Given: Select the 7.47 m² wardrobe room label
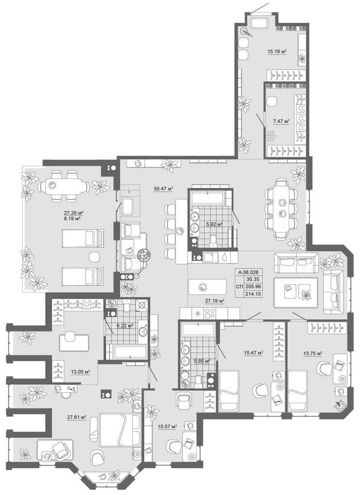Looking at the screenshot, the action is click(x=281, y=121).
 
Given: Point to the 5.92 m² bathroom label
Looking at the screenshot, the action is click(x=214, y=224).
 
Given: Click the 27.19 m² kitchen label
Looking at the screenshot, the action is click(x=215, y=301).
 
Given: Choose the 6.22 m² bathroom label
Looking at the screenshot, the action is click(x=125, y=326).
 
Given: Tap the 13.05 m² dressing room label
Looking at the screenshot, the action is click(x=80, y=372).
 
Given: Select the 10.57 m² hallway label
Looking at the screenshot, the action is click(x=167, y=426).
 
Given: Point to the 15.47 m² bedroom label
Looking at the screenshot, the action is click(x=254, y=352).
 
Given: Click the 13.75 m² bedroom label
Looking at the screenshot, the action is click(x=313, y=354).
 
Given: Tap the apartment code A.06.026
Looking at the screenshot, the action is click(x=249, y=272).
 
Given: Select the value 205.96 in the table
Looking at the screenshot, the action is click(x=253, y=287).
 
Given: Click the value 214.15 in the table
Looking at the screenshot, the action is click(x=253, y=294).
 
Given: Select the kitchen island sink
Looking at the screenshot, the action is click(x=202, y=287).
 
